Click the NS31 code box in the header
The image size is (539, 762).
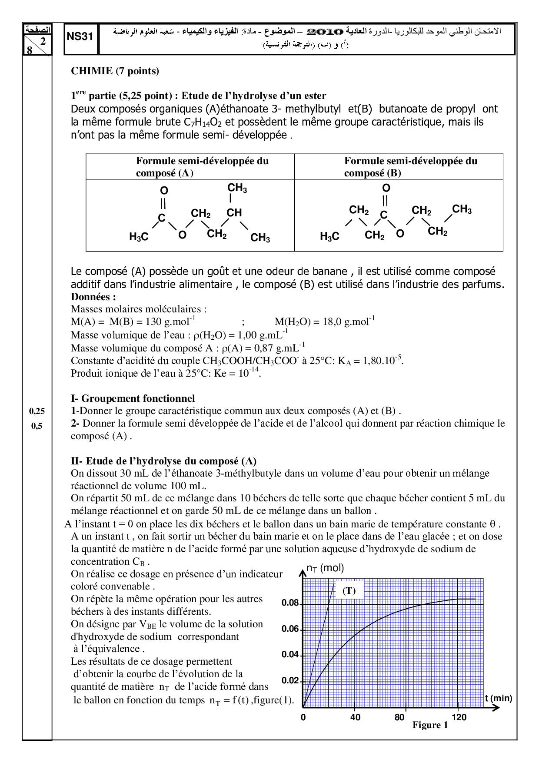pos(81,37)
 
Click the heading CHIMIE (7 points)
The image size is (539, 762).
pos(115,71)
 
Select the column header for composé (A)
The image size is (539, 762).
pos(190,167)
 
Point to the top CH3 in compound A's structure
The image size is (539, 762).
pos(237,188)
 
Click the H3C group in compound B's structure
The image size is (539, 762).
pos(329,237)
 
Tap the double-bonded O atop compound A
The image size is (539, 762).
pos(164,191)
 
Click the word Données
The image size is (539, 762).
pos(93,297)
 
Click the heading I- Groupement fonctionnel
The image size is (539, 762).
pos(133,398)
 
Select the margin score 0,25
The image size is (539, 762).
pos(37,411)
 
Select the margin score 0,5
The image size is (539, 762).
pos(37,426)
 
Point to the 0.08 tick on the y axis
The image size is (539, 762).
pos(290,603)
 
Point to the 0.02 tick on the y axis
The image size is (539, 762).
pos(290,680)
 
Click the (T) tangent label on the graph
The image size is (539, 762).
pos(349,591)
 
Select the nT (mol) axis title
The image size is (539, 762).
pos(325,568)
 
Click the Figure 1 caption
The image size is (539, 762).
pos(430,725)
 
